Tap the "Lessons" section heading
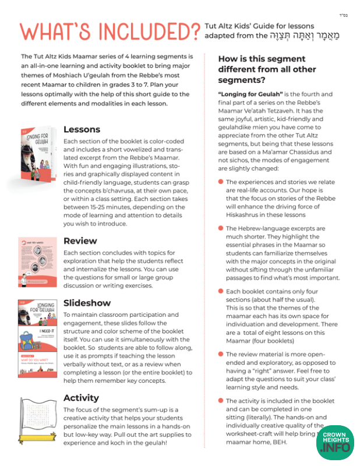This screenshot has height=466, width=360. (82, 129)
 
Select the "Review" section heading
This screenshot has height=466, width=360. (80, 241)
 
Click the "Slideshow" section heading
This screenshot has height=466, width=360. (87, 303)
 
